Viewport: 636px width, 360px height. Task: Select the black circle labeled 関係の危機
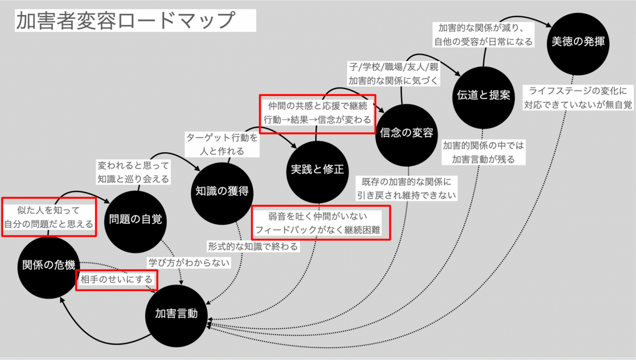pyautogui.click(x=49, y=265)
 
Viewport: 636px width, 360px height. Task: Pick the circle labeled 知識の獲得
pyautogui.click(x=219, y=190)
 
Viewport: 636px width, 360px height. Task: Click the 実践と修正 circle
pyautogui.click(x=317, y=170)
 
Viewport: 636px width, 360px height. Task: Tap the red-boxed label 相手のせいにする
pyautogui.click(x=117, y=279)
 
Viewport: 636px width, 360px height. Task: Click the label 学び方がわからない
pyautogui.click(x=189, y=262)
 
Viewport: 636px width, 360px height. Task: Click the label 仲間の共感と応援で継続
pyautogui.click(x=317, y=106)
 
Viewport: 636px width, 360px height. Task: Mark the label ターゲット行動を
pyautogui.click(x=222, y=137)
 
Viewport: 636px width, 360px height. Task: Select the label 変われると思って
pyautogui.click(x=132, y=165)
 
